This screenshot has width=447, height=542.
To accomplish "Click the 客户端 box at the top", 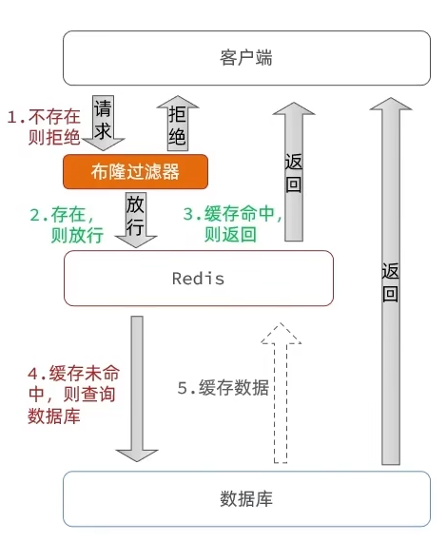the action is [246, 58].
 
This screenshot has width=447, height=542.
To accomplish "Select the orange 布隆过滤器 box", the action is [135, 172].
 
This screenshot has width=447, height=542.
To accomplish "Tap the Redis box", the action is [199, 279].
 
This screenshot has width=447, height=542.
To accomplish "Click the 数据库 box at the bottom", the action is [246, 499].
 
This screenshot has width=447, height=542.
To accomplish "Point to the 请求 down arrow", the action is [104, 123].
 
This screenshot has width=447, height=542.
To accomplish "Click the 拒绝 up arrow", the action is [178, 124].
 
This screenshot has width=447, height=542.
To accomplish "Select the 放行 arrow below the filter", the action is [135, 220].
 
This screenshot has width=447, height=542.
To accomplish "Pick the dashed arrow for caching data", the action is [281, 393].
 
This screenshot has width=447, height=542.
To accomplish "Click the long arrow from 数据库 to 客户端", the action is [391, 281].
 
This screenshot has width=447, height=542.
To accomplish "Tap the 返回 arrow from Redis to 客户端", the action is [294, 171].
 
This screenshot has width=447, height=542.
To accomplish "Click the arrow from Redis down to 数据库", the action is [137, 389].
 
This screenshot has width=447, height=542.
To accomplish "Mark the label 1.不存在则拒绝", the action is [45, 126].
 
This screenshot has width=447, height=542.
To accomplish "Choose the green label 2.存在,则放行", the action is [67, 225].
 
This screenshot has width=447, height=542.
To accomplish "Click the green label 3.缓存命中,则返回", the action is [232, 224].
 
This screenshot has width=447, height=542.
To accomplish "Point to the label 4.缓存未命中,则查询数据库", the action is [73, 395].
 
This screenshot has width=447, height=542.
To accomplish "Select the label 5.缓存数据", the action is [223, 388].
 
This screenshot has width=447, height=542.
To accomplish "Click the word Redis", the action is [199, 279].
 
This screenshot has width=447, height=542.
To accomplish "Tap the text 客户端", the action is [246, 57].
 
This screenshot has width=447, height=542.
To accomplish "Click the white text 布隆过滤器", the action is [135, 172].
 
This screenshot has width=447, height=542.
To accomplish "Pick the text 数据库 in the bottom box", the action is [246, 499].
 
